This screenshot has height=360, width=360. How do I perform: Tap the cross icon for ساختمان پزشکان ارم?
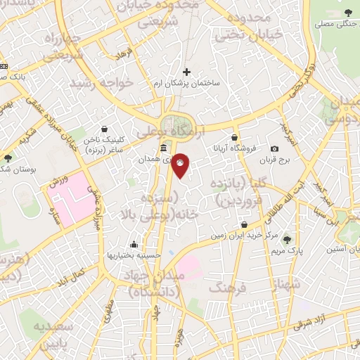click(186, 71)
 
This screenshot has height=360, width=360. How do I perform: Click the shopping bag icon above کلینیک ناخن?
click(105, 129)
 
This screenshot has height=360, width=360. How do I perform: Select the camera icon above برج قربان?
click(274, 148)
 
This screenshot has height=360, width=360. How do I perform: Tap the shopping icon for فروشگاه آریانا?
click(234, 137)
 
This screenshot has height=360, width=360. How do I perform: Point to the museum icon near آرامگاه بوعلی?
click(163, 148)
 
